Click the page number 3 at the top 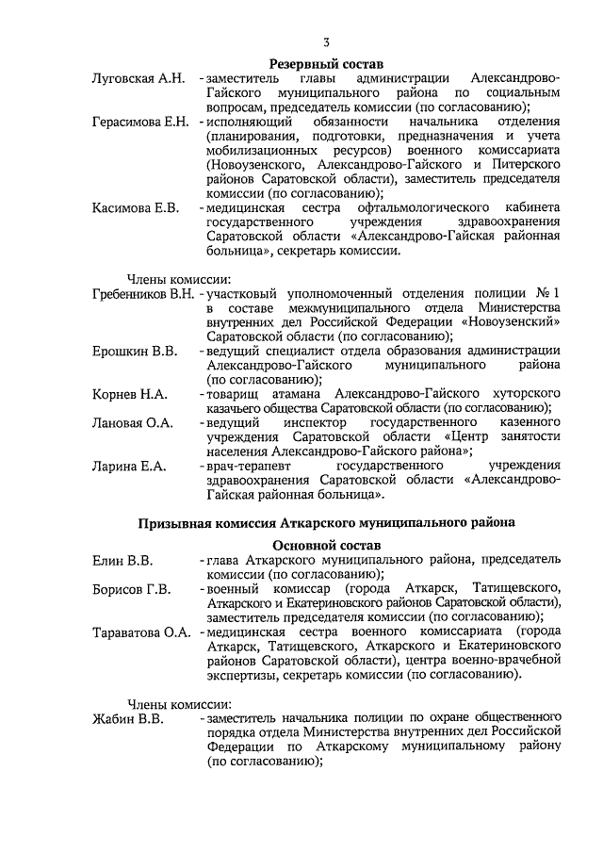[x=326, y=41]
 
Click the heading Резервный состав [x=326, y=61]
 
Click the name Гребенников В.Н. [x=143, y=295]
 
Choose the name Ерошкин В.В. [x=135, y=352]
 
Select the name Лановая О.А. [x=133, y=423]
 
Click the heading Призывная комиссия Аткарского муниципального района [x=326, y=521]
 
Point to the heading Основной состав [x=326, y=546]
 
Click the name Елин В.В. [x=122, y=562]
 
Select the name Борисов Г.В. [x=131, y=590]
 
